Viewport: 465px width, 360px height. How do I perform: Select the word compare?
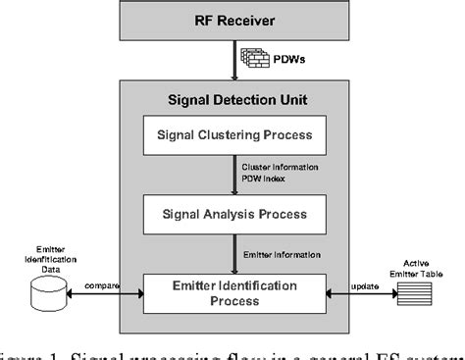(x=103, y=287)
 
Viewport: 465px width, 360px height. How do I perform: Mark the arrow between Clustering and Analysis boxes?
(x=233, y=174)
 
